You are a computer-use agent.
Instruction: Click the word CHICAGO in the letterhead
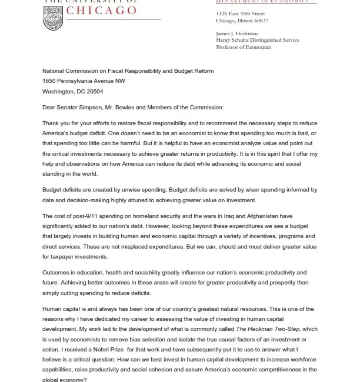click(x=101, y=11)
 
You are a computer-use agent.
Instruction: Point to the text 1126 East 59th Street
click(x=241, y=14)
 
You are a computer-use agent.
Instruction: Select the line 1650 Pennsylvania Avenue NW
click(x=84, y=81)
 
